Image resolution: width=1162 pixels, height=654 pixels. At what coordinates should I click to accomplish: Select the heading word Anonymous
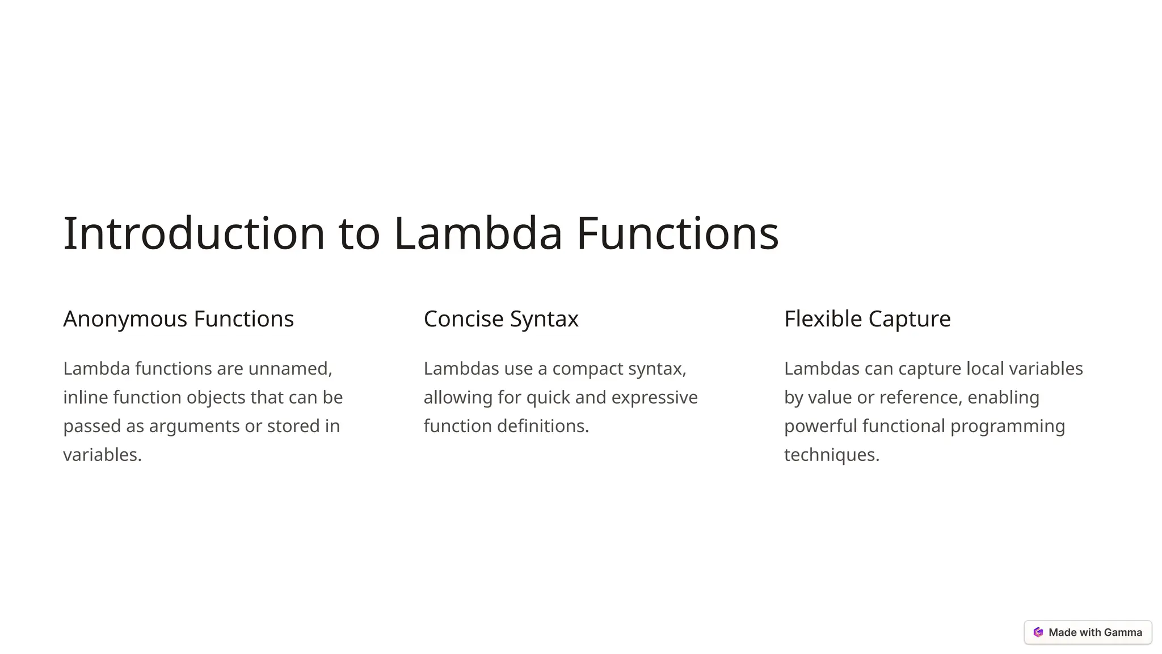(125, 319)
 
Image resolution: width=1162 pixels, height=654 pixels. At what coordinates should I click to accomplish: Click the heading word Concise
(463, 319)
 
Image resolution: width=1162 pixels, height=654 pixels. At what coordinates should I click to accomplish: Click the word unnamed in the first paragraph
(289, 368)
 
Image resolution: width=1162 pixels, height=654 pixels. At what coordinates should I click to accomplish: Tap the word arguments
(194, 426)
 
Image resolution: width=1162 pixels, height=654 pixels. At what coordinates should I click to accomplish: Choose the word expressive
(654, 397)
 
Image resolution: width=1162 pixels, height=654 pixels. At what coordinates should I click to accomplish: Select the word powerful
(820, 426)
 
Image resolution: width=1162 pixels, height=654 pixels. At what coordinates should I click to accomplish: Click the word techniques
(831, 455)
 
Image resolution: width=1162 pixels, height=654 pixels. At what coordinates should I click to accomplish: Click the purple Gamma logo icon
(1038, 632)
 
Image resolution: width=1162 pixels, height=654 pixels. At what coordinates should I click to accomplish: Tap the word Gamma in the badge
(1123, 632)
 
